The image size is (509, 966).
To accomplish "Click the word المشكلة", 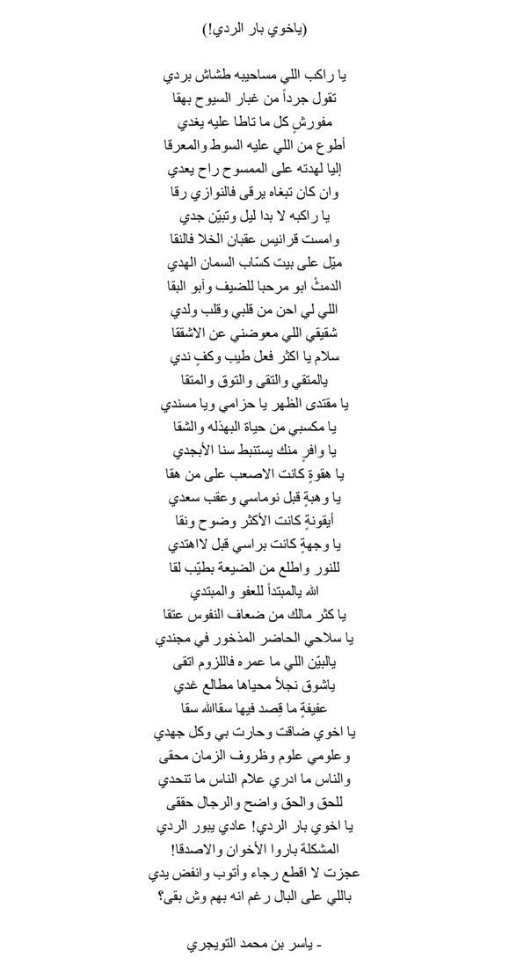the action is pyautogui.click(x=321, y=850).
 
